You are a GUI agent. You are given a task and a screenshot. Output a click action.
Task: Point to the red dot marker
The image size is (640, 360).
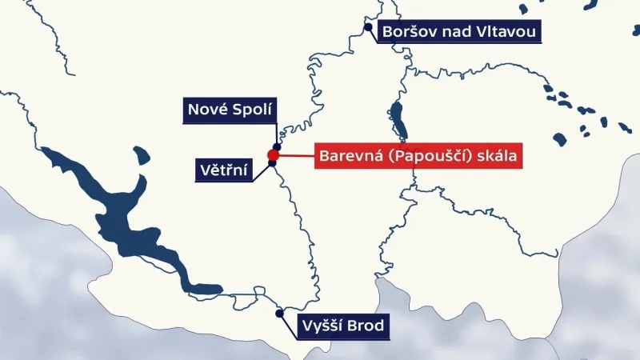273,154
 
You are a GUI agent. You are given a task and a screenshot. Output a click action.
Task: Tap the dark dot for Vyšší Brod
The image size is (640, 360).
279,314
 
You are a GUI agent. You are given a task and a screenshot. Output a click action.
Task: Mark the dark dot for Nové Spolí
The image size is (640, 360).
276,136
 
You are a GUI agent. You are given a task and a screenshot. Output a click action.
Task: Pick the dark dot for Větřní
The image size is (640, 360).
272,164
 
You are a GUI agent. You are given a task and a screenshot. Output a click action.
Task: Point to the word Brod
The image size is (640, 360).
367,326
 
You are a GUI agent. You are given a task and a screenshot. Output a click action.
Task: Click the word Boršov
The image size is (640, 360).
408,32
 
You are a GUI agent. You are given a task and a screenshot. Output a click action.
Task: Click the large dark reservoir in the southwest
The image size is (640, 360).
120,208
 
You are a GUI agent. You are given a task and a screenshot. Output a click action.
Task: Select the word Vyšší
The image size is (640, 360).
323,326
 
